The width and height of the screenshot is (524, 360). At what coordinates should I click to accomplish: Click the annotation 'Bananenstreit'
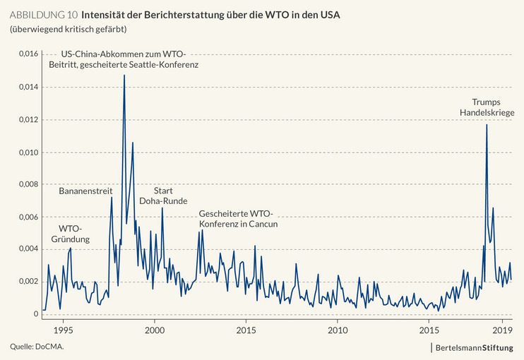click(85, 191)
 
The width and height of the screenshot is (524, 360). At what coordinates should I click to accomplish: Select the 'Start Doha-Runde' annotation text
click(164, 196)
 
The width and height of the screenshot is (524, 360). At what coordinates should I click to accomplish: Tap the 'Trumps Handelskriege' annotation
click(487, 107)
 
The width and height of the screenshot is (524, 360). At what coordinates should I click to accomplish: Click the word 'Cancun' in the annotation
click(263, 224)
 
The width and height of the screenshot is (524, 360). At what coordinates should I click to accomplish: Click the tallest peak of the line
click(124, 75)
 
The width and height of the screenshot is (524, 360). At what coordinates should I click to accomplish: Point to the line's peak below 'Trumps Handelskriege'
click(487, 125)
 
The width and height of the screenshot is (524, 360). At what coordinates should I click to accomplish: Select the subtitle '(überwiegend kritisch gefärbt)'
click(68, 29)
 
